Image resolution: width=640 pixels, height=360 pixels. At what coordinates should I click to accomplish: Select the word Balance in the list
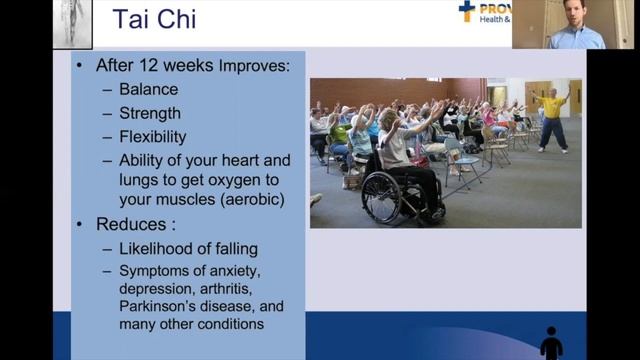click(x=149, y=89)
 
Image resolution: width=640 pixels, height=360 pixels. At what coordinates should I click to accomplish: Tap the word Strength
click(x=153, y=113)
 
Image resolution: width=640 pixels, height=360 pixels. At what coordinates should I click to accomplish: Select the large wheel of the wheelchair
click(x=382, y=198)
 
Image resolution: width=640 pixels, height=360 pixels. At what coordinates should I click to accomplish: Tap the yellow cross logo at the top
click(x=466, y=11)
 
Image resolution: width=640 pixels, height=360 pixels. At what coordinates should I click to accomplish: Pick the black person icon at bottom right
click(x=551, y=343)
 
